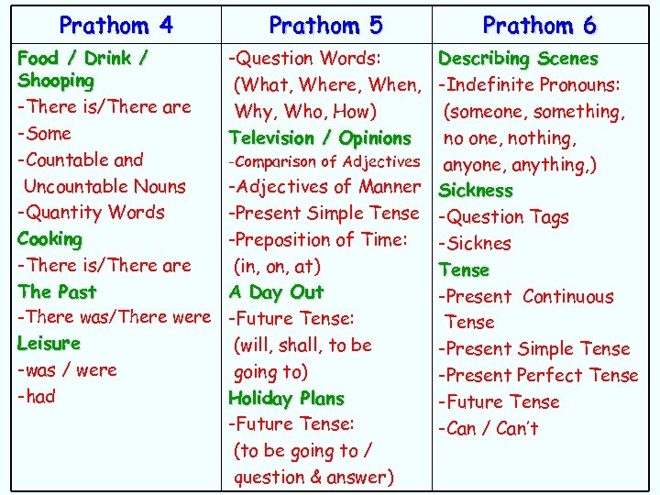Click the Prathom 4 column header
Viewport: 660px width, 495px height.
115,25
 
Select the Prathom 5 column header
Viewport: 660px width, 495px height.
325,25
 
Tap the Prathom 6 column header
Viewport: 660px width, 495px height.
539,25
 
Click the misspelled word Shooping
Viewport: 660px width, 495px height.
56,81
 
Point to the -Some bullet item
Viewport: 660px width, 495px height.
44,133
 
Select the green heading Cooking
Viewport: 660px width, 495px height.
49,238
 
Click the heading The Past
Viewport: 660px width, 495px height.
57,291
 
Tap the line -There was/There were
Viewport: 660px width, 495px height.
114,317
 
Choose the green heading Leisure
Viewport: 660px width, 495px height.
49,344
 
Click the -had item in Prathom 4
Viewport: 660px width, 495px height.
37,396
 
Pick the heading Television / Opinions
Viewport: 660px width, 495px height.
320,138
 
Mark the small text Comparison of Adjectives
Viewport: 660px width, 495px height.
324,162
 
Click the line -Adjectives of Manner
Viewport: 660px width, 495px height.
324,187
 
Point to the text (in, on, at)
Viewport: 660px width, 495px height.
277,267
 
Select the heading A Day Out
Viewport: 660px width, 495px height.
276,291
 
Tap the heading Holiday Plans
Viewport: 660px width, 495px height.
286,399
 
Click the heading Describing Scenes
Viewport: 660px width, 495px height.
518,59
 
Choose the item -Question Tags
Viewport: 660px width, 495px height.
503,217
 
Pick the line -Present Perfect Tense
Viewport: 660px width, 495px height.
538,375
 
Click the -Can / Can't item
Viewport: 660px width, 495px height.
488,428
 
